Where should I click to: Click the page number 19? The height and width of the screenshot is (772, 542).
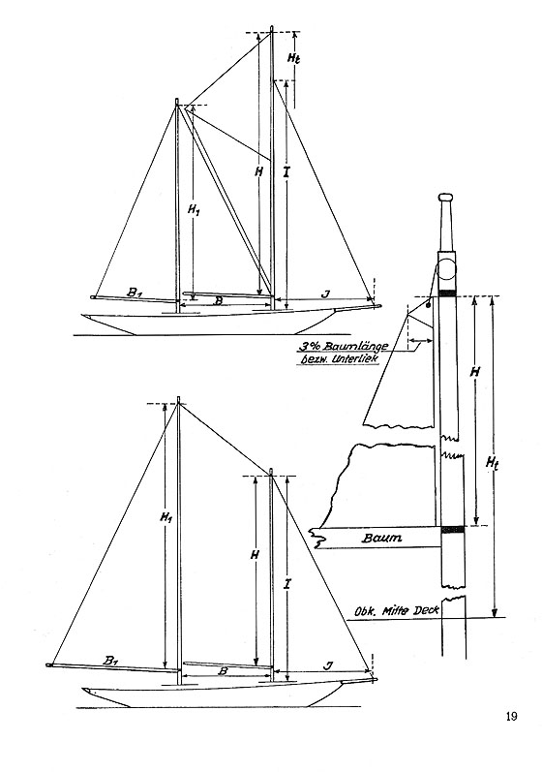[511, 717]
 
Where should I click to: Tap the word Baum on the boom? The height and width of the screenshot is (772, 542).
[381, 538]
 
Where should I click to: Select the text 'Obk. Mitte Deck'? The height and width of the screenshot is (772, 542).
[397, 610]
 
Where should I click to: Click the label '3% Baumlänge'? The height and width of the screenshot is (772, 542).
[343, 346]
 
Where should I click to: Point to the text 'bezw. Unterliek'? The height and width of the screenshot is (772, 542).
[340, 359]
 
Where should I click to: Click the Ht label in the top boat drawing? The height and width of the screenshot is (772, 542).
[293, 57]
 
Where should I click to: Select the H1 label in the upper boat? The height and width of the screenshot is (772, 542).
[195, 210]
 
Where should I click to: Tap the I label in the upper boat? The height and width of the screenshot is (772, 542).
[287, 172]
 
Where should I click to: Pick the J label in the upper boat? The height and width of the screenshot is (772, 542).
[324, 293]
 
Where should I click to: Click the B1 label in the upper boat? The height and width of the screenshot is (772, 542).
[135, 293]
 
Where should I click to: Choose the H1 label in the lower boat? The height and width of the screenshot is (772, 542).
[166, 517]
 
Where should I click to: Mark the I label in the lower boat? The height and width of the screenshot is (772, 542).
[287, 584]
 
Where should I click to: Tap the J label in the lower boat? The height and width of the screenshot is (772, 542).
[328, 665]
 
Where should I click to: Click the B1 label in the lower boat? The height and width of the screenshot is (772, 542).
[111, 661]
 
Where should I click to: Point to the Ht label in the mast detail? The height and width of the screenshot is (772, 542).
[492, 463]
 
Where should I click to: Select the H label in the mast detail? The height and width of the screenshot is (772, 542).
[474, 372]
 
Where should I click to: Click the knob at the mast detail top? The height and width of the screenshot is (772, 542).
[446, 198]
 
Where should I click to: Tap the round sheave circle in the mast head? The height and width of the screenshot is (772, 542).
[448, 269]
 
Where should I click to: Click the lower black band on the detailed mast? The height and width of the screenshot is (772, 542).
[453, 530]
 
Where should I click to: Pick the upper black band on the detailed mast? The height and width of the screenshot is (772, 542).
[447, 293]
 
